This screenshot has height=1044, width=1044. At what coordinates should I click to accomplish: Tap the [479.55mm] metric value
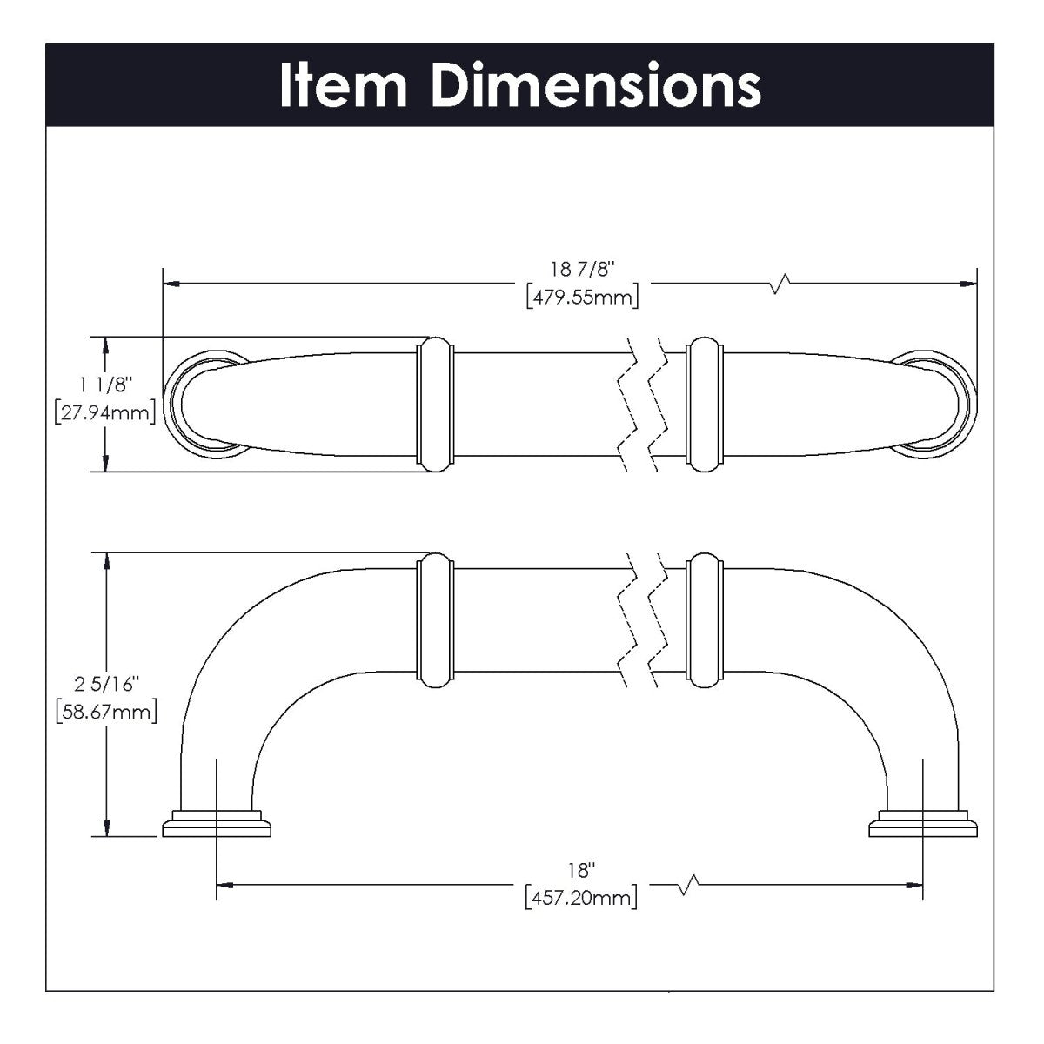pyautogui.click(x=582, y=298)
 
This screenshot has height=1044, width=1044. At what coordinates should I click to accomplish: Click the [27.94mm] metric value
pyautogui.click(x=105, y=412)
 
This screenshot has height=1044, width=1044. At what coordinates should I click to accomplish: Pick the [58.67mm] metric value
pyautogui.click(x=105, y=713)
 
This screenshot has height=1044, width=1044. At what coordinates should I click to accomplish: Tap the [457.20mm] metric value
pyautogui.click(x=581, y=897)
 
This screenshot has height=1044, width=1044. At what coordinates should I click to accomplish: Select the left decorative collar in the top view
pyautogui.click(x=435, y=405)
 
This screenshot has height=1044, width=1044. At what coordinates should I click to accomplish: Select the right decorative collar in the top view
pyautogui.click(x=705, y=405)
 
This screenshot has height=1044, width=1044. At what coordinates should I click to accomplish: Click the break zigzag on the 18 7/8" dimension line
pyautogui.click(x=780, y=283)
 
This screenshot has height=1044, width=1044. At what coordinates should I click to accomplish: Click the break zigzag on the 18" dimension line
pyautogui.click(x=688, y=886)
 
